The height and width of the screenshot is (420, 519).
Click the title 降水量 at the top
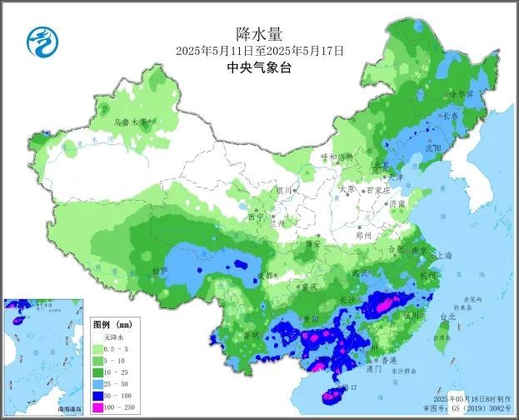[260, 33]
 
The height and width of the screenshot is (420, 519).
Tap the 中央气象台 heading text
[260, 69]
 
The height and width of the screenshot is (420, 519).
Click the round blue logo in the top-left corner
[39, 42]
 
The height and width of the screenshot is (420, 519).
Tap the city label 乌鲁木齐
[130, 122]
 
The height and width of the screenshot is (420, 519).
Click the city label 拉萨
[160, 272]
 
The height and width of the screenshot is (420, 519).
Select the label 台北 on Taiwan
[447, 317]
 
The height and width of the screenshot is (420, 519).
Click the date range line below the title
[260, 52]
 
